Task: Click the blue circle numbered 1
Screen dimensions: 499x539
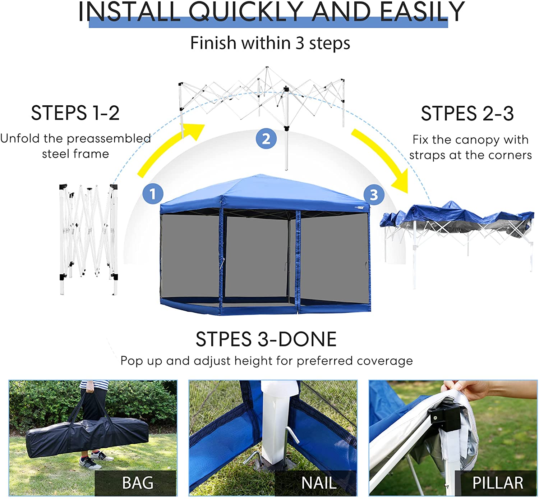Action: tap(153, 194)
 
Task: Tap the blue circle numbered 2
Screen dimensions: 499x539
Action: tap(266, 139)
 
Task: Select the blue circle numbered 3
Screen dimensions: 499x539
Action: tap(374, 195)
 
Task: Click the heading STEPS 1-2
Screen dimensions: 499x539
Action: tap(75, 113)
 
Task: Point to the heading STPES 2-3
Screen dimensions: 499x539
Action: tap(467, 114)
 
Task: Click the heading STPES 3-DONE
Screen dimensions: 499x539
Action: tap(266, 339)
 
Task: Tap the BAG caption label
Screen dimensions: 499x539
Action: tap(137, 482)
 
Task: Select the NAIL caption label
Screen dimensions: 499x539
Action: tap(318, 482)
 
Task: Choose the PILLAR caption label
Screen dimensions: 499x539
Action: tap(497, 482)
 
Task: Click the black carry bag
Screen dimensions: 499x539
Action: tap(86, 437)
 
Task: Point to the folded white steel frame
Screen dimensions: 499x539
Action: tap(88, 237)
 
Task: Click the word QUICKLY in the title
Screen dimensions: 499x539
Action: tap(246, 12)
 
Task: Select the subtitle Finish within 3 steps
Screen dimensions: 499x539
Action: tap(270, 43)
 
